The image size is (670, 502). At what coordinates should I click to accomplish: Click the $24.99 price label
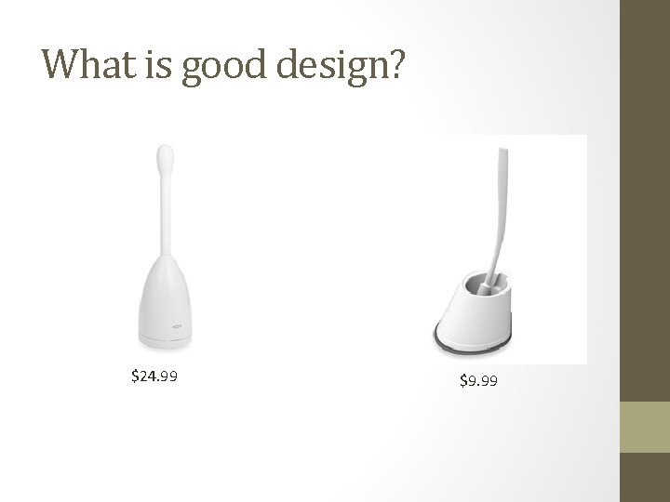154,376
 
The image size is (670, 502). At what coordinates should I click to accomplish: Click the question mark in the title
396,65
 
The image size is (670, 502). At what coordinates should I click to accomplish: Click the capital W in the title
58,65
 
